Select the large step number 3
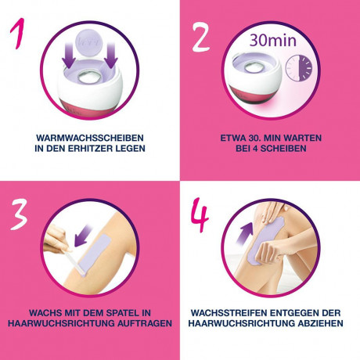click(18, 215)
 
